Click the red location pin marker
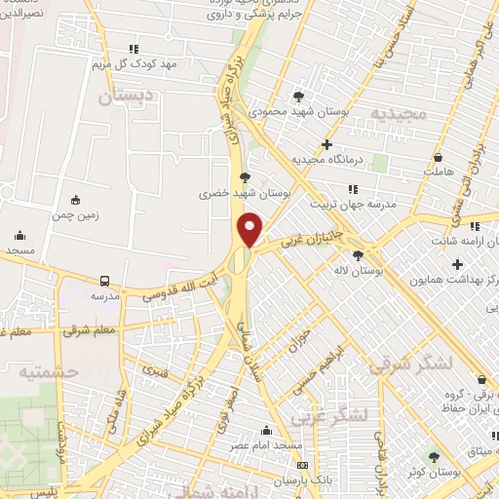pos(250,229)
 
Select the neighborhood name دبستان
pos(129,98)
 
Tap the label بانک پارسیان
pos(296,481)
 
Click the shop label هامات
pos(439,172)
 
